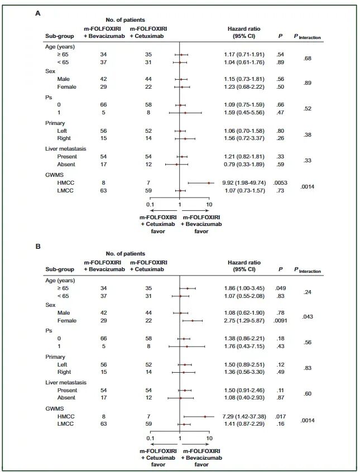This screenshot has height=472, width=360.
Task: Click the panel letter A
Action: click(x=38, y=12)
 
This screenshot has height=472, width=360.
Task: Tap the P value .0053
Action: click(x=281, y=182)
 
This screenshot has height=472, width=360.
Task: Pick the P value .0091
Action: click(x=281, y=321)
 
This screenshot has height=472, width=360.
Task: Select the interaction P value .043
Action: click(x=307, y=317)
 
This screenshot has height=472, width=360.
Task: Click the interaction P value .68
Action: click(x=307, y=59)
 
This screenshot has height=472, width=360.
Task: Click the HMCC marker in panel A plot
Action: click(x=209, y=182)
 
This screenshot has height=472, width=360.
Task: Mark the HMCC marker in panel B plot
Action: click(x=205, y=416)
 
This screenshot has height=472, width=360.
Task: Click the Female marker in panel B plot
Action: click(x=192, y=321)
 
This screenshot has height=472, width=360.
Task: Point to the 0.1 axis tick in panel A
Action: click(x=150, y=205)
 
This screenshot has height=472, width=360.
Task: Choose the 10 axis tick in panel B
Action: click(x=209, y=439)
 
